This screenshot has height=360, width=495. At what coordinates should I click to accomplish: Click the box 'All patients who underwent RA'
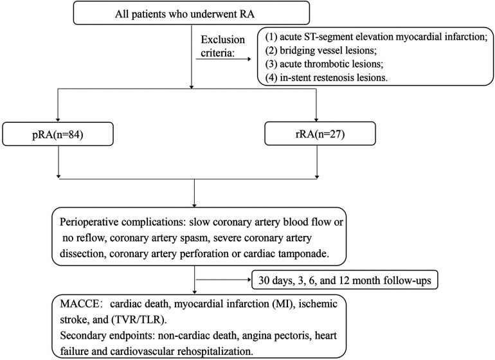(192, 13)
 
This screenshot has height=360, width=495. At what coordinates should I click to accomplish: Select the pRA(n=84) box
(58, 134)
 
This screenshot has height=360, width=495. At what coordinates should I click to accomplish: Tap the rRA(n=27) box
(320, 134)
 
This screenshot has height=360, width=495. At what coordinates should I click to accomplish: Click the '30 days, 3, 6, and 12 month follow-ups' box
(345, 280)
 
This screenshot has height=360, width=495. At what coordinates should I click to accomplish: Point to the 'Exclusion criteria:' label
(223, 46)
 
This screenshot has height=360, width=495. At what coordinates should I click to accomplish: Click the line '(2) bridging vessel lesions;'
(321, 50)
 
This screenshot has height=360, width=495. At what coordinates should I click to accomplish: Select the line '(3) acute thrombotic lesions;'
(324, 64)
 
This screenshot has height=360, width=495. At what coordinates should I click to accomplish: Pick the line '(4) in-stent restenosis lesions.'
(327, 77)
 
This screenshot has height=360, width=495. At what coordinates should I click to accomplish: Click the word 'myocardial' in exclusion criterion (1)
(415, 37)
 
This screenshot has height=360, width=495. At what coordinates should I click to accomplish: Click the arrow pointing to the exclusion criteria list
(224, 59)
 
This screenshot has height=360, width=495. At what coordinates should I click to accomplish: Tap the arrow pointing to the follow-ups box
(224, 280)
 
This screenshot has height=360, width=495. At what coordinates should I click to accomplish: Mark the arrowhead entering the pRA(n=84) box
(58, 120)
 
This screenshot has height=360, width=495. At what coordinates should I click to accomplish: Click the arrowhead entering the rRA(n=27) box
(317, 120)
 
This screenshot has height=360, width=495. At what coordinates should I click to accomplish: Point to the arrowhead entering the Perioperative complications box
(194, 205)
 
